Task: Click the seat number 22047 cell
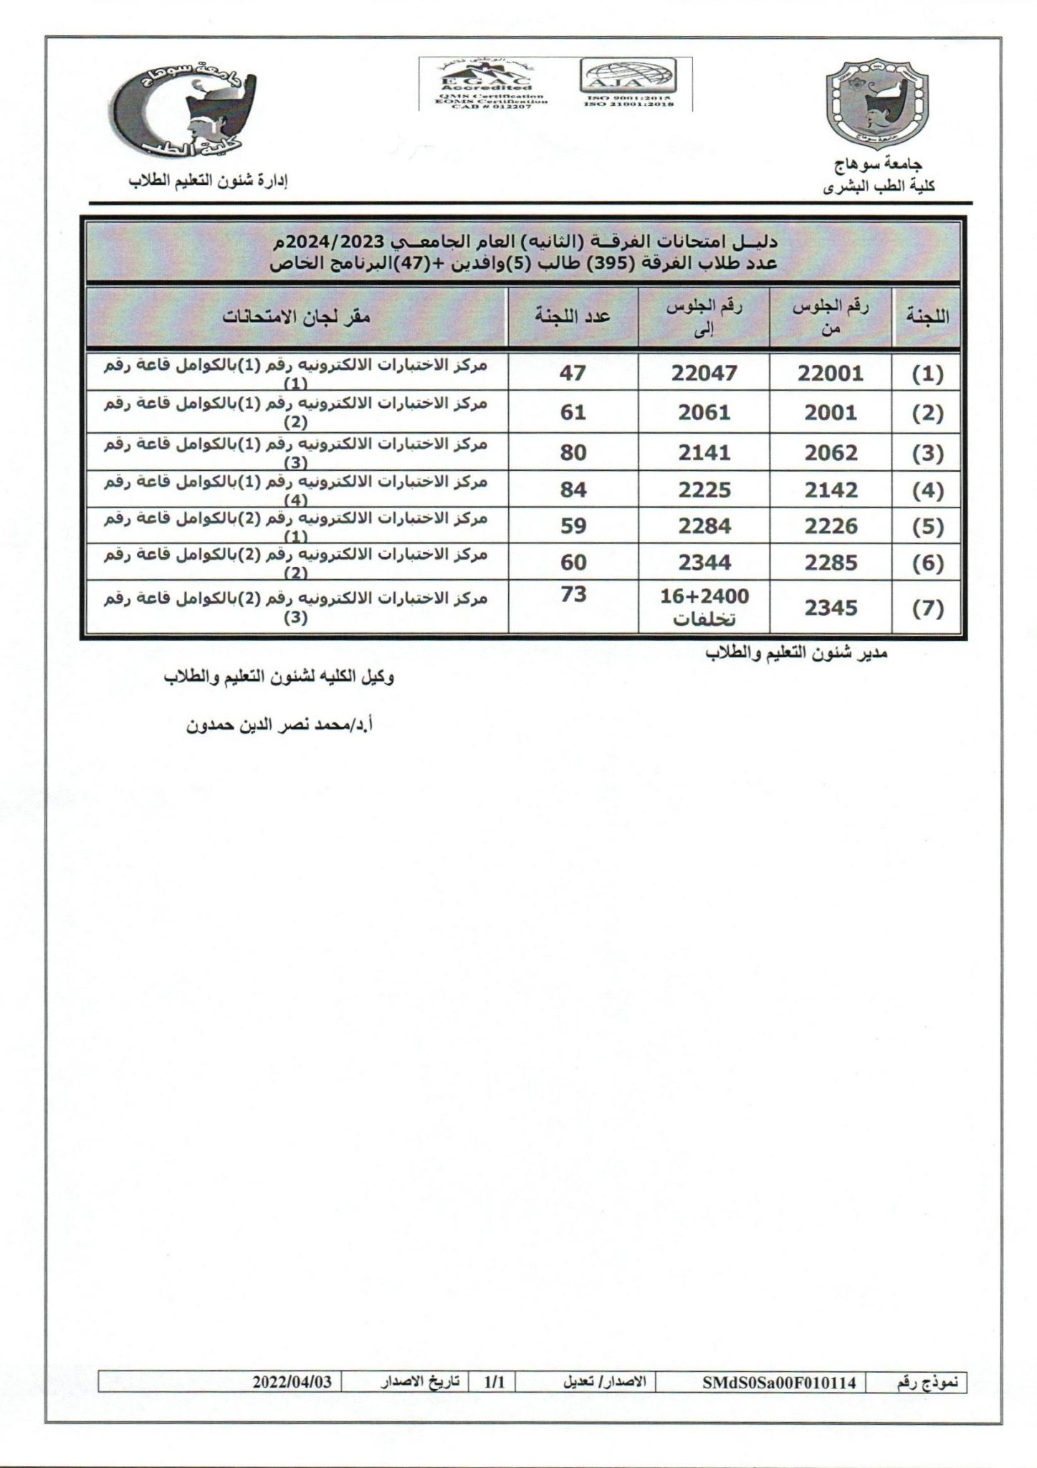(704, 372)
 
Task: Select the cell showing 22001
(831, 373)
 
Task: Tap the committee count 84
(573, 490)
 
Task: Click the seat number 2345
(831, 608)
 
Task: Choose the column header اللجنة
(927, 316)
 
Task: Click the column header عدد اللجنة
(573, 316)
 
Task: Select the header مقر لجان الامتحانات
(296, 316)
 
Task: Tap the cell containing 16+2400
(704, 596)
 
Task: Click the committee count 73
(573, 595)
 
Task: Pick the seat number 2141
(704, 452)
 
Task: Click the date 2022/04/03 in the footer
(292, 1382)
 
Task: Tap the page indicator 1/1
(494, 1382)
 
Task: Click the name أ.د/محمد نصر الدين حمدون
(279, 725)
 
